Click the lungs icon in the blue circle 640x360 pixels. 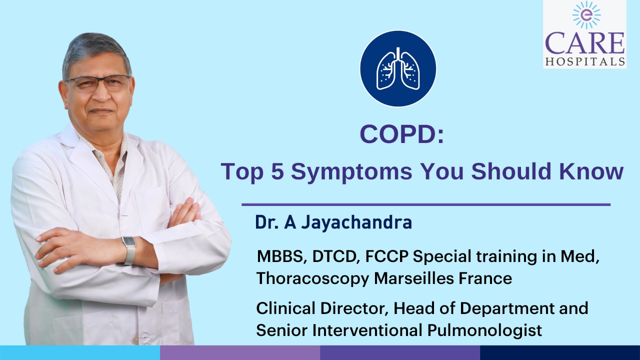click(x=398, y=68)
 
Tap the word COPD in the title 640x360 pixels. click(x=398, y=134)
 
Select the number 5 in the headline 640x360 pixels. click(x=277, y=171)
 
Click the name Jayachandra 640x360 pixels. click(x=356, y=222)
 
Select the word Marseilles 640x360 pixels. click(x=414, y=278)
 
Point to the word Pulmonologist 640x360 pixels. click(x=484, y=330)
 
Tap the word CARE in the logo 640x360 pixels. click(x=584, y=43)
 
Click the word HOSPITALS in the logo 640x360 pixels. click(x=585, y=61)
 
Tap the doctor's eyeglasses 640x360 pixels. click(x=97, y=83)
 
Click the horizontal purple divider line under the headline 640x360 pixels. click(x=426, y=204)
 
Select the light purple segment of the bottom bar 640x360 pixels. click(x=240, y=352)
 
